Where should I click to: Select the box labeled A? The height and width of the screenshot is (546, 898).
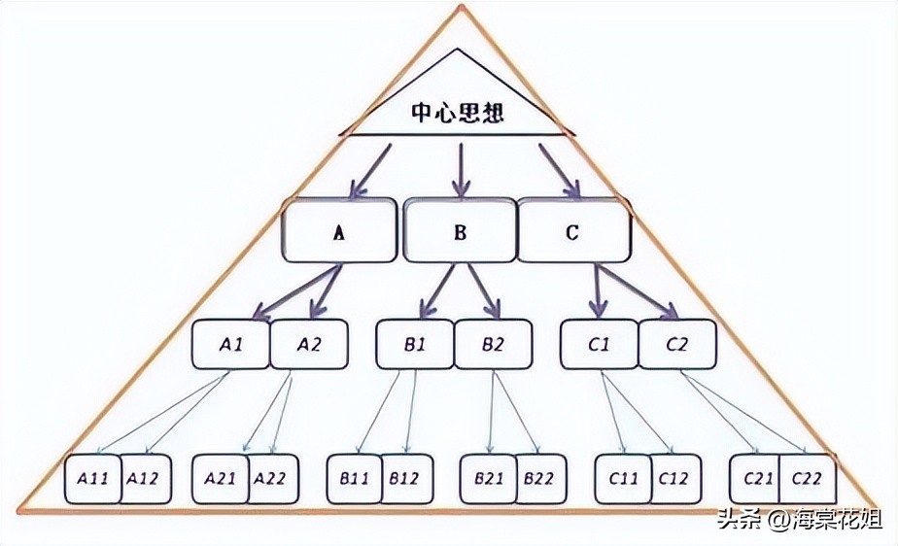339,231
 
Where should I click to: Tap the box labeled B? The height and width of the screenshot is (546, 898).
460,231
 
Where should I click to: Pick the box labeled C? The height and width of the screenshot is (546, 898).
573,231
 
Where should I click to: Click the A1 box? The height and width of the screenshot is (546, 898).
230,344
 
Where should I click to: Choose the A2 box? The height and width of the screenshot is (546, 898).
308,344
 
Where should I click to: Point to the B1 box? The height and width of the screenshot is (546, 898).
415,344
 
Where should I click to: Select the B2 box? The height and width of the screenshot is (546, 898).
493,344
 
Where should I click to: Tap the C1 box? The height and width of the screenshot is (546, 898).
599,344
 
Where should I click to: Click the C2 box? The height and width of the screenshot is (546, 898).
677,344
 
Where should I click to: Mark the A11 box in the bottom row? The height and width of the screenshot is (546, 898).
92,479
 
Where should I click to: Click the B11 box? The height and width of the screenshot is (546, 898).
353,479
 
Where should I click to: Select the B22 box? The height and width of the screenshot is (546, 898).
539,479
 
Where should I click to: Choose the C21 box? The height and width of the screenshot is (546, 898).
757,479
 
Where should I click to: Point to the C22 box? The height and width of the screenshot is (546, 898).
808,479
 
